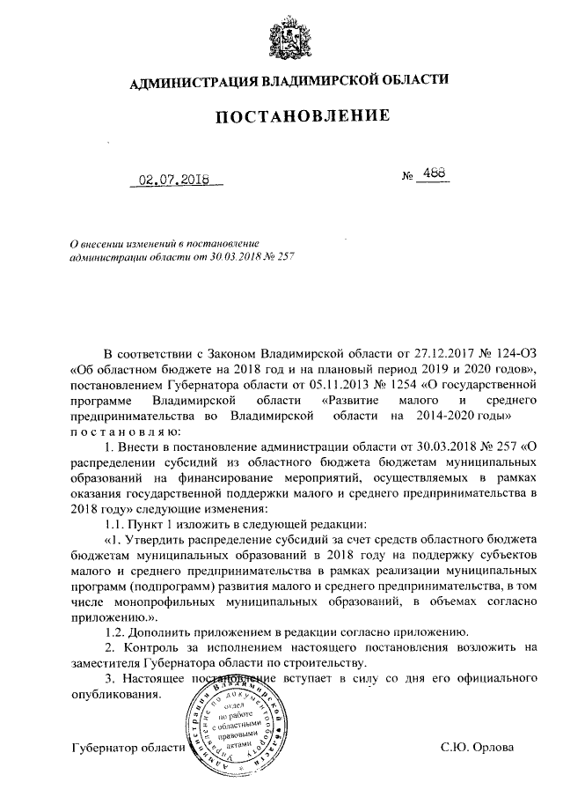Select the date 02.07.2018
[173, 182]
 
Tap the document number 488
[433, 174]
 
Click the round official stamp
[234, 727]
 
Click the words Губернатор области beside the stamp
[128, 749]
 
